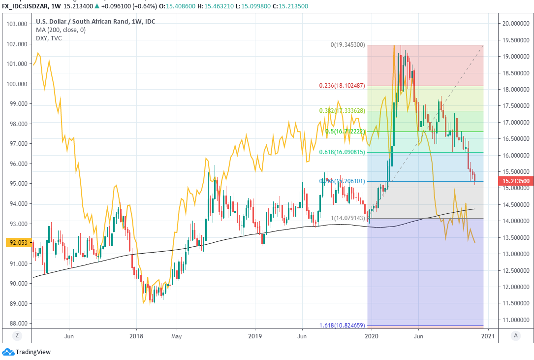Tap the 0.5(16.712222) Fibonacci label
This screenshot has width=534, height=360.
pyautogui.click(x=345, y=131)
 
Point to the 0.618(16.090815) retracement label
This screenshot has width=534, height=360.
pyautogui.click(x=342, y=152)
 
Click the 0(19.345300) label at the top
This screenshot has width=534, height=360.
pyautogui.click(x=347, y=45)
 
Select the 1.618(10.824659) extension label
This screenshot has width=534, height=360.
pyautogui.click(x=342, y=326)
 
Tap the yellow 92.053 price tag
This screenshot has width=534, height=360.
pyautogui.click(x=16, y=242)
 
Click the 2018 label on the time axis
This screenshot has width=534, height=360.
pyautogui.click(x=136, y=336)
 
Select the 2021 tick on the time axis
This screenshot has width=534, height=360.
pyautogui.click(x=488, y=336)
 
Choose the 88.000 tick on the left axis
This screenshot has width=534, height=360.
pyautogui.click(x=17, y=324)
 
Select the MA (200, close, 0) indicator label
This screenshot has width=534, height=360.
pyautogui.click(x=61, y=30)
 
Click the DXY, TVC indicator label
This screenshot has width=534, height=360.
pyautogui.click(x=49, y=38)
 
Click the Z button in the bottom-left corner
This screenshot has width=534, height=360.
pyautogui.click(x=17, y=335)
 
